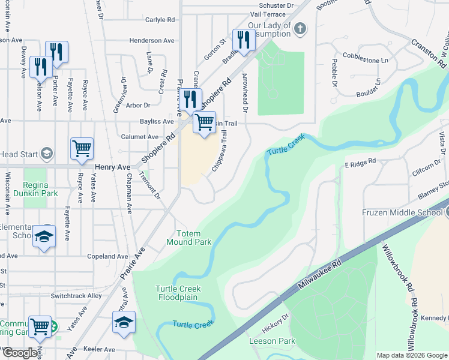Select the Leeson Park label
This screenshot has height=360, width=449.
click(273, 341)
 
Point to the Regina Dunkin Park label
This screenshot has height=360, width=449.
click(41, 189)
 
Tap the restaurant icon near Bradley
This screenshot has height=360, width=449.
click(243, 40)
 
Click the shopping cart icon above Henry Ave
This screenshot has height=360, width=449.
click(82, 148)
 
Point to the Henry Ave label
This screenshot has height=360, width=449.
click(112, 167)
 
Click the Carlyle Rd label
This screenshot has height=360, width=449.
click(160, 20)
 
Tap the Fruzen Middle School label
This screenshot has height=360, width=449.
click(402, 212)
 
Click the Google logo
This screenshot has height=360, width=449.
click(20, 353)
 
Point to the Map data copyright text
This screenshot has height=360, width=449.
click(411, 355)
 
